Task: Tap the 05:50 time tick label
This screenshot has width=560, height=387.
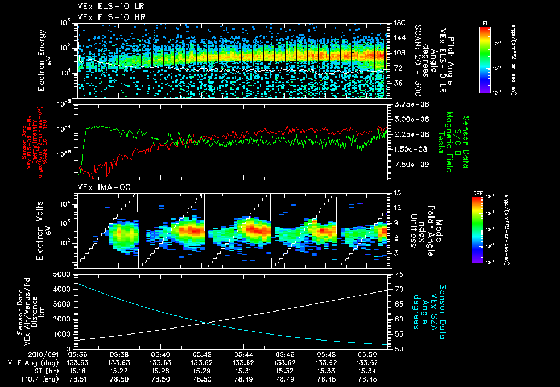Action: pos(365,354)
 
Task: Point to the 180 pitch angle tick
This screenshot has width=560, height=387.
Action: pos(399,22)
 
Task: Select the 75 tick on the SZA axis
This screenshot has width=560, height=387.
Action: pos(399,274)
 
